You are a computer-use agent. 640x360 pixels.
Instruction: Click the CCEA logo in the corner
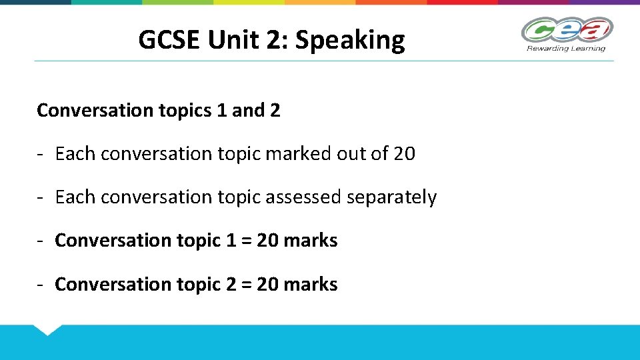point(567,29)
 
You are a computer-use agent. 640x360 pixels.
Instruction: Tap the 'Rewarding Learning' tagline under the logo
point(566,48)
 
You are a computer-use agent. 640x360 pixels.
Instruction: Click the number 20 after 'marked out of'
point(404,154)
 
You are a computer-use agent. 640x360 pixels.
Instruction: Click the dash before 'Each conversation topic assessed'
point(41,198)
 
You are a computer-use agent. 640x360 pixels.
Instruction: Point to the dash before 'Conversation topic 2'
point(41,285)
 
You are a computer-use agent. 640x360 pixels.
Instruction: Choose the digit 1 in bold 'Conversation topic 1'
point(231,241)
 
